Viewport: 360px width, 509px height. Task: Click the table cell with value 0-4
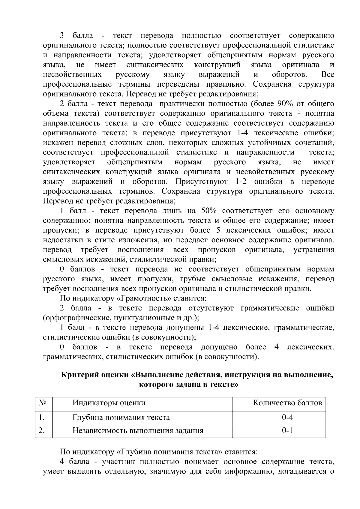(x=287, y=417)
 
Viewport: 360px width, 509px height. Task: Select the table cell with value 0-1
(x=287, y=431)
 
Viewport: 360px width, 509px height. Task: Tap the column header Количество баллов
(x=287, y=403)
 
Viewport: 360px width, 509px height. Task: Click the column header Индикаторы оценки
(x=109, y=403)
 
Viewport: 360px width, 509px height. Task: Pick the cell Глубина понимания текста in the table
(x=121, y=417)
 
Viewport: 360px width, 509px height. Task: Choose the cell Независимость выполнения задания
(x=138, y=431)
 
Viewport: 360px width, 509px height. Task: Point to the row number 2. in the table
(x=41, y=431)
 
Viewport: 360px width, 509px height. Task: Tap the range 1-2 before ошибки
(x=239, y=182)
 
